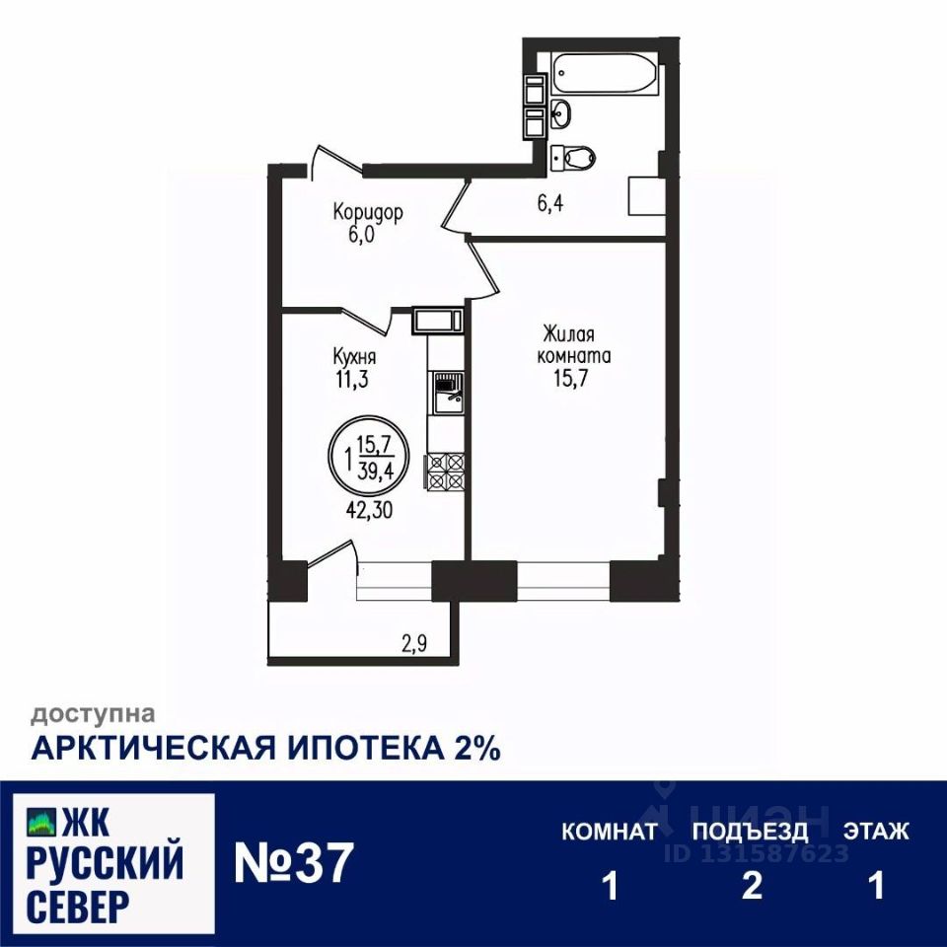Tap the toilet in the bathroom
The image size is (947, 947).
[574, 155]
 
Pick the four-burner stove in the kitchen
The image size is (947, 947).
[445, 471]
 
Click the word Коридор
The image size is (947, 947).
[368, 212]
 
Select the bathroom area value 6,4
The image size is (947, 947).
[550, 204]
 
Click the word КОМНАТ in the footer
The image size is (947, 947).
[610, 832]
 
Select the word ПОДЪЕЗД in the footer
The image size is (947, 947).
[750, 832]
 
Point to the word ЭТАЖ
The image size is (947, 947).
[875, 832]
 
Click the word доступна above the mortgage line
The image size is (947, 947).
[93, 712]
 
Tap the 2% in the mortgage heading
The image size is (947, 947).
[476, 748]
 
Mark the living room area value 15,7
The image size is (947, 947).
[574, 376]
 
